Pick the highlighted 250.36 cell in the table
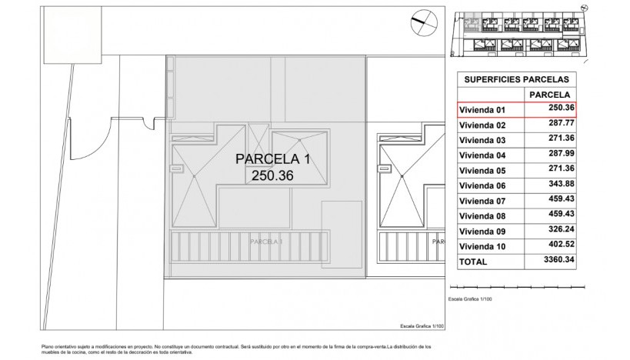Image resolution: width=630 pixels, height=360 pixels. (x=561, y=109)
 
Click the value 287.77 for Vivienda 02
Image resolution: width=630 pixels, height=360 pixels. (x=561, y=125)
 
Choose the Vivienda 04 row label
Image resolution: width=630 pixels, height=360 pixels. (x=482, y=155)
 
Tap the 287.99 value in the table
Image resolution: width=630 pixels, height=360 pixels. (x=561, y=155)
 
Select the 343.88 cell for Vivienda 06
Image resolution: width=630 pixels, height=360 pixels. (x=561, y=185)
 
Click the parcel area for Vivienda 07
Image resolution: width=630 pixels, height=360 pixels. (x=561, y=201)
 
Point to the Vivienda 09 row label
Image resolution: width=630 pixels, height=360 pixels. (x=482, y=232)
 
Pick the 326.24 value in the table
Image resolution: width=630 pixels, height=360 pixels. (x=561, y=231)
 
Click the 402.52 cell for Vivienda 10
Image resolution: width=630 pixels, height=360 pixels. (x=561, y=246)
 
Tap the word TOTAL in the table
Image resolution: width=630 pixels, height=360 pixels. (x=473, y=262)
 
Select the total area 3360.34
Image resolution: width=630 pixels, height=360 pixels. (x=559, y=262)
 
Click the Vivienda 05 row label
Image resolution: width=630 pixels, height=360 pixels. (x=482, y=171)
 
